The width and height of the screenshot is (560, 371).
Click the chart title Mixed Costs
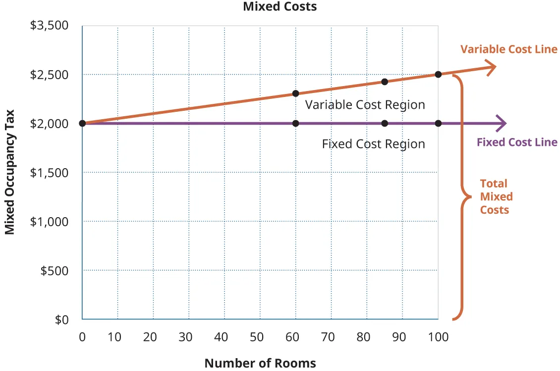280,6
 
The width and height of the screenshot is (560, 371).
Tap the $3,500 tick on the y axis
50,25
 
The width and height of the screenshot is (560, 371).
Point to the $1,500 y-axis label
50,172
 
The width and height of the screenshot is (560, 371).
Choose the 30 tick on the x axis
185,337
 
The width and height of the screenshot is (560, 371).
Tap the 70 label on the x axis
328,337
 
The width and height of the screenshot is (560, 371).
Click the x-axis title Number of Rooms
260,363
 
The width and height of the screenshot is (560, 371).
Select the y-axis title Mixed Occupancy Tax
9,172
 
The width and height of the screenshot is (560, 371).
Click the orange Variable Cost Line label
509,49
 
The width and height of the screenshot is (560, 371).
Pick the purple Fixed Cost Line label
517,142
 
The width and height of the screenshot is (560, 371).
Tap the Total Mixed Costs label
496,196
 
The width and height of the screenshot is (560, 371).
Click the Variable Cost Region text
365,105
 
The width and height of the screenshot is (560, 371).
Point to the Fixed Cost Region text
373,144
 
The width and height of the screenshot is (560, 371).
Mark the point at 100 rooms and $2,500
438,74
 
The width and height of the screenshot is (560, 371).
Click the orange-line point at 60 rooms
296,93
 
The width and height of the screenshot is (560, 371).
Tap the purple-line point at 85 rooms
385,123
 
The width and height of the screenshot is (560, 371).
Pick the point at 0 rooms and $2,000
82,123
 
